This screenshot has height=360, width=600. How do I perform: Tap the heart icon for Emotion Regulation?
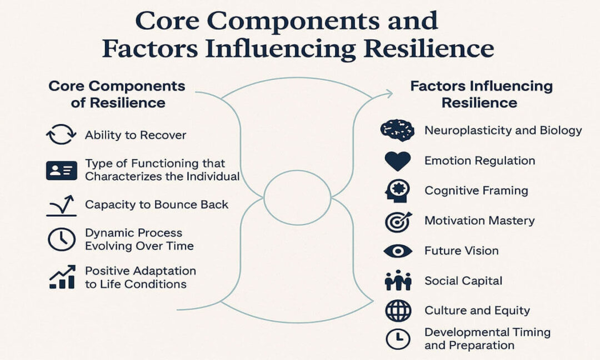[397, 161]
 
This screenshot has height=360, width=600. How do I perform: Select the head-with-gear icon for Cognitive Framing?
[397, 191]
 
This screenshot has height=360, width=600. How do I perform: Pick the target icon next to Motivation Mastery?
[397, 221]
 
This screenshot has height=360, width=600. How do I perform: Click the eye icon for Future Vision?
[397, 251]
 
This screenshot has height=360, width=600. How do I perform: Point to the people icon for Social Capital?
[397, 281]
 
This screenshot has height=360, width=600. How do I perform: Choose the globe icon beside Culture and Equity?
[398, 311]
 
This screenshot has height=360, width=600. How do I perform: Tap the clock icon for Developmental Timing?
[398, 339]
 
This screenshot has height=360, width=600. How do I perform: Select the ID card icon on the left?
[61, 171]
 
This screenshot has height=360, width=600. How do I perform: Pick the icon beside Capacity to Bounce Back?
[61, 205]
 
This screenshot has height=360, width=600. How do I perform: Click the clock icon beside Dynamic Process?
[61, 239]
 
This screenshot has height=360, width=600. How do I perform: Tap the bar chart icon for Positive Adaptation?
[61, 277]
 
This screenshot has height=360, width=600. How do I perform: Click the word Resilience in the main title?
[429, 49]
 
